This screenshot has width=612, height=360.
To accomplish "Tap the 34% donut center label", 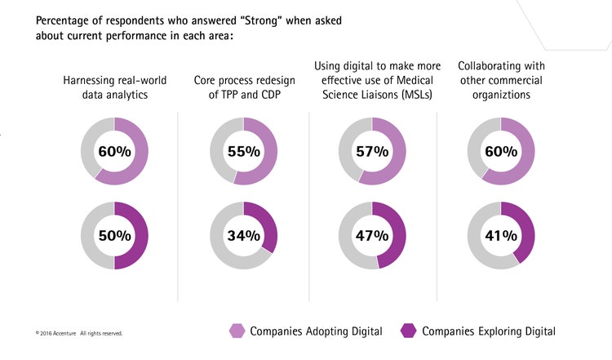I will (x=244, y=235).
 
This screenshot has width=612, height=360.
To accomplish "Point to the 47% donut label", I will (x=372, y=235).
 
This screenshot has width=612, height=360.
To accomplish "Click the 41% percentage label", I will (x=500, y=235).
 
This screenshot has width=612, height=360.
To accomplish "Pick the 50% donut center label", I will (x=115, y=235).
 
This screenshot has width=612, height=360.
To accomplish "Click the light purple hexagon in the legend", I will (x=236, y=331).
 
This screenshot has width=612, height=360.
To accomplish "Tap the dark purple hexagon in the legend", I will (x=409, y=331).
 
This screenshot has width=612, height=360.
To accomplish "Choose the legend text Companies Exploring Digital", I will (x=489, y=331).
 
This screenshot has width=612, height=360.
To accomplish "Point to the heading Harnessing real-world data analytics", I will (x=114, y=87).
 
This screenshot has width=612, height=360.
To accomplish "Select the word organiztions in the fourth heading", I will (x=501, y=95).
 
